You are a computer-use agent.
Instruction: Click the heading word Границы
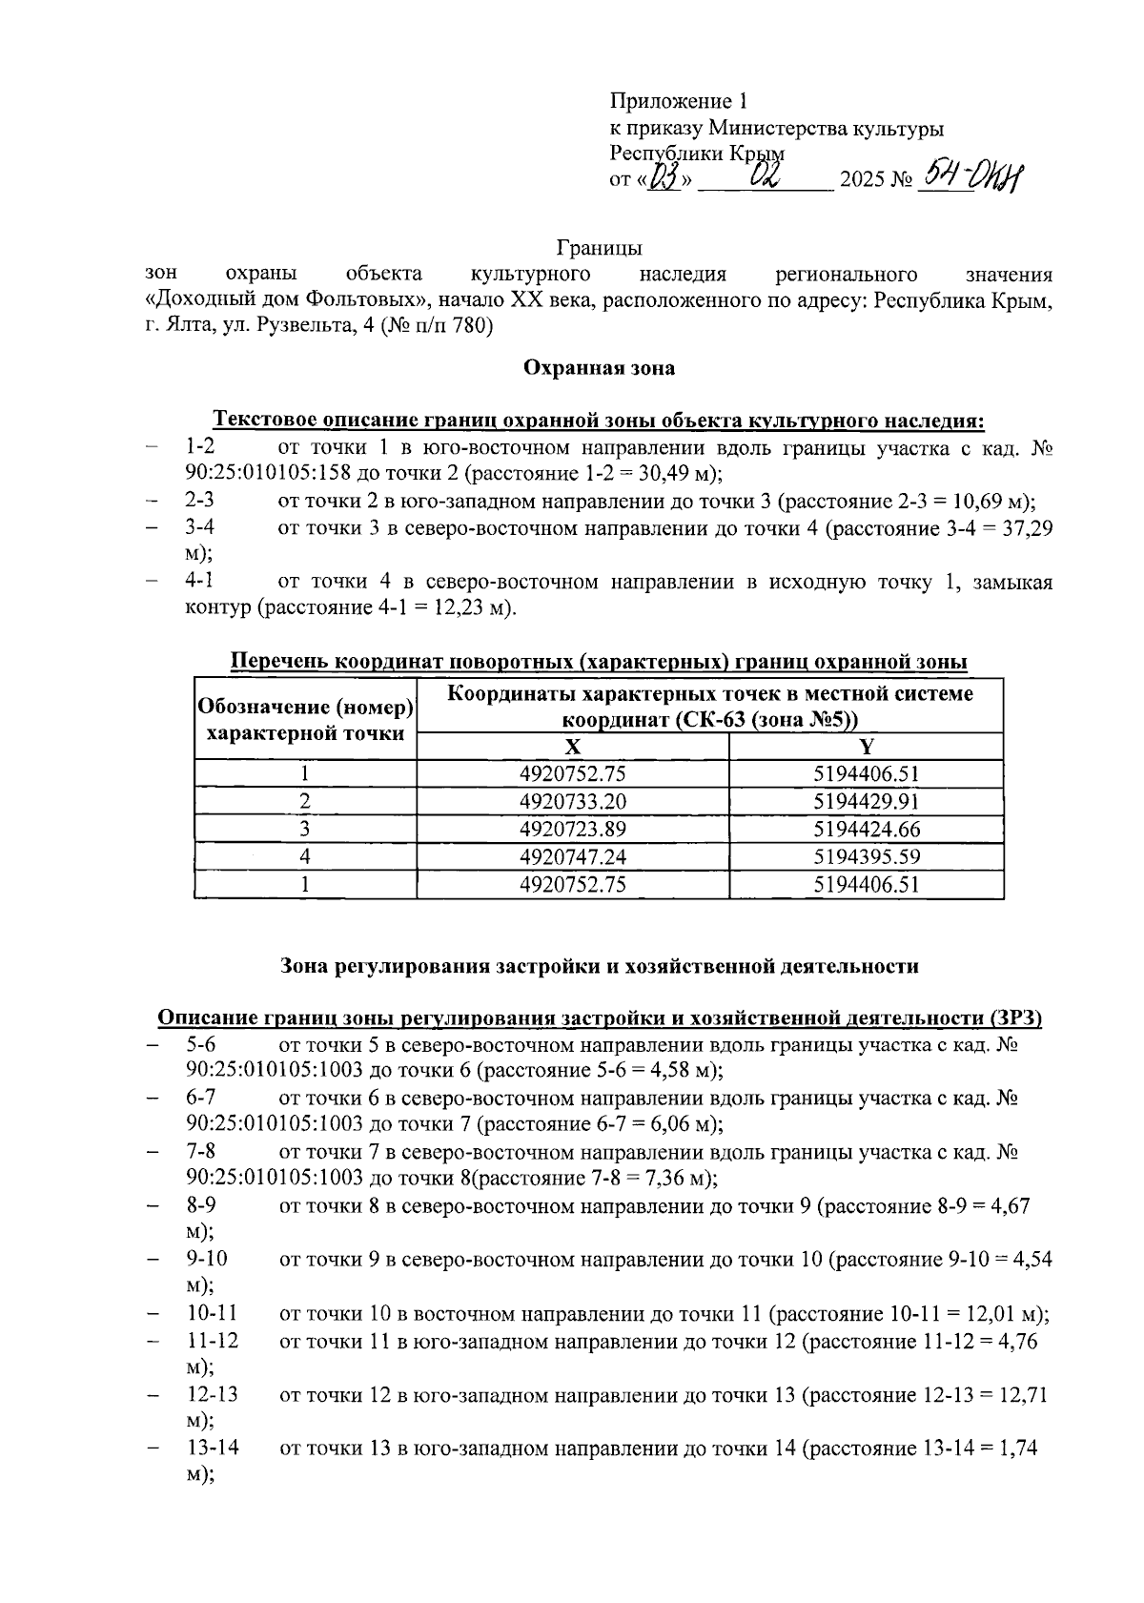pyautogui.click(x=600, y=249)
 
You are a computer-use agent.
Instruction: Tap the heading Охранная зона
pyautogui.click(x=600, y=367)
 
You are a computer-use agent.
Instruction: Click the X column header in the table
pyautogui.click(x=572, y=747)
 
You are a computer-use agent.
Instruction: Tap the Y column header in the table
pyautogui.click(x=866, y=747)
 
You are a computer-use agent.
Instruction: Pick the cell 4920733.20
pyautogui.click(x=572, y=801)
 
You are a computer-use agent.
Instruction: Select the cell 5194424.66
pyautogui.click(x=866, y=829)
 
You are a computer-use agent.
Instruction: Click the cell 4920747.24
pyautogui.click(x=572, y=856)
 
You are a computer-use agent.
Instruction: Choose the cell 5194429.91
pyautogui.click(x=866, y=801)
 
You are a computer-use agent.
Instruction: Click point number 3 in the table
pyautogui.click(x=305, y=829)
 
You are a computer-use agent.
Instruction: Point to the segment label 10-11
pyautogui.click(x=212, y=1314)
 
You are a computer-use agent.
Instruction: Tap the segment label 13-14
pyautogui.click(x=212, y=1449)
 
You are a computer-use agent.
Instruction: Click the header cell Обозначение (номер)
pyautogui.click(x=305, y=708)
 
